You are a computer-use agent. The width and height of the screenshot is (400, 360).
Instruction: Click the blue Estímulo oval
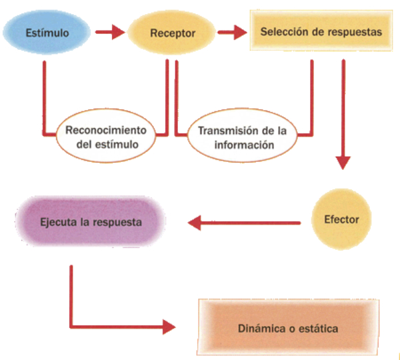46,31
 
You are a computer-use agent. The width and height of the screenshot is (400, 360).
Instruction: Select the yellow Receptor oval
171,32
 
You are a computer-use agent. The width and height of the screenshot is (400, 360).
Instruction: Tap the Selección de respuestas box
321,31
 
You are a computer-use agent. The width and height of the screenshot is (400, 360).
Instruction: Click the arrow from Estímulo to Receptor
109,31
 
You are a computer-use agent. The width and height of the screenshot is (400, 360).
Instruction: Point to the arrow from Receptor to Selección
231,31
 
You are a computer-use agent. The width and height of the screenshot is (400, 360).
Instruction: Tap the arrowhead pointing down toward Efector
343,161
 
